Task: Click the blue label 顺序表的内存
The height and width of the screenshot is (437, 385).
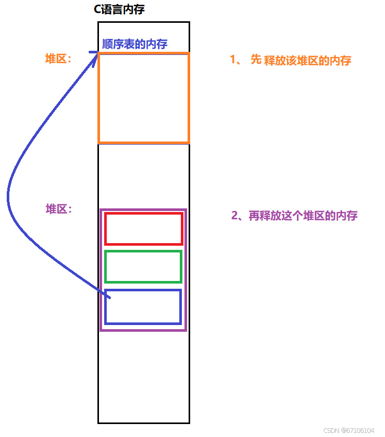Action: point(135,44)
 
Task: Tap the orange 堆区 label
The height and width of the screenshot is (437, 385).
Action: point(58,59)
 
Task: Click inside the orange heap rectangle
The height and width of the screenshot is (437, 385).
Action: point(144,97)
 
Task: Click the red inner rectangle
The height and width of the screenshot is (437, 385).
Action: point(144,228)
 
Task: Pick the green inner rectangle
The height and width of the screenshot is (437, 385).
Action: point(144,266)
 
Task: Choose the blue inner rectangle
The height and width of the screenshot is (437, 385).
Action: point(144,307)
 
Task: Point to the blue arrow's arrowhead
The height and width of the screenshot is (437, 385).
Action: point(96,54)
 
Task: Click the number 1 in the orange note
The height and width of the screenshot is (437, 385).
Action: point(233,60)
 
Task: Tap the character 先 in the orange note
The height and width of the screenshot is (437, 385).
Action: point(256,60)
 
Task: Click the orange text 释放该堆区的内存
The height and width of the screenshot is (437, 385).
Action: point(308,61)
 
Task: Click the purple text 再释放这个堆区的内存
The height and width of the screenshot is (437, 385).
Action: point(303,216)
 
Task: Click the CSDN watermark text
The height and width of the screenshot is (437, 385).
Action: point(349,431)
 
